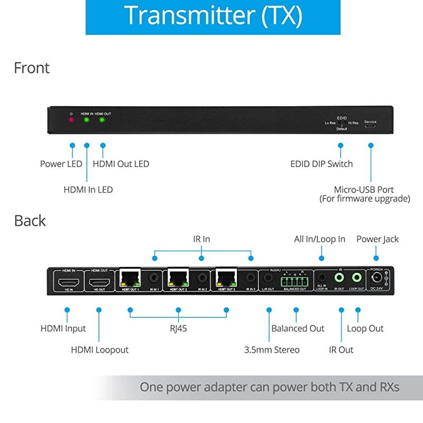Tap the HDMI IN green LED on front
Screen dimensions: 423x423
click(87, 120)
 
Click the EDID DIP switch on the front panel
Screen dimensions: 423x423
click(342, 124)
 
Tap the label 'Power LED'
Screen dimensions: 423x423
click(61, 164)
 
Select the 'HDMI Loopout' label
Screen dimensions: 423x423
click(99, 350)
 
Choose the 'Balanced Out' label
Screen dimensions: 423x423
click(298, 328)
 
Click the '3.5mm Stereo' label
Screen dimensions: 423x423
click(272, 350)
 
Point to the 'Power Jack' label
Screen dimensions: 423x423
click(378, 239)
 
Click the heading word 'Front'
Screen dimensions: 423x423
click(32, 68)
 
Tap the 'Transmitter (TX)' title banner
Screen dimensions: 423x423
click(213, 16)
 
